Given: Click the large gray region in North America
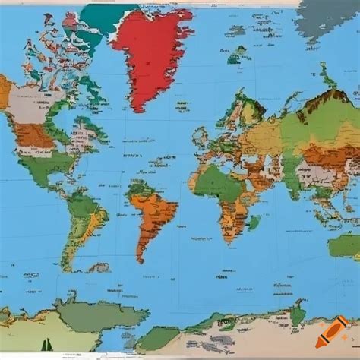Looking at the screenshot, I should tap(30, 103).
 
